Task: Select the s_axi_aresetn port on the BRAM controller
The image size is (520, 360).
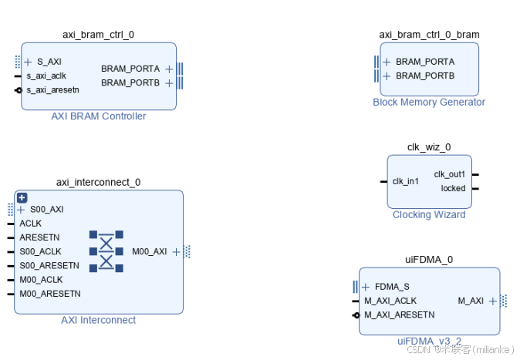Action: [52, 90]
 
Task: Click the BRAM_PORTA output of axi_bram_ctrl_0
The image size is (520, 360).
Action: [130, 69]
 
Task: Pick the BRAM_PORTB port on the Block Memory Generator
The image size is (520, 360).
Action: [425, 76]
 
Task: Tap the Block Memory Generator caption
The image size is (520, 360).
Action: [429, 102]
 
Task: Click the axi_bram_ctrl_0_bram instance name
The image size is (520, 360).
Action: [429, 35]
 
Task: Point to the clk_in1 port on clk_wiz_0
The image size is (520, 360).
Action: [406, 181]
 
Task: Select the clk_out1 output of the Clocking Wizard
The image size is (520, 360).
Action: [449, 174]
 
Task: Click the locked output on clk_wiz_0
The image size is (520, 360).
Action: [453, 188]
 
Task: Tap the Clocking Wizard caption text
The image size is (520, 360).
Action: [429, 214]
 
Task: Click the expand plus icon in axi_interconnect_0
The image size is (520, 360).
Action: [22, 197]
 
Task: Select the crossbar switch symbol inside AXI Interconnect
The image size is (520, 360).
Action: [106, 251]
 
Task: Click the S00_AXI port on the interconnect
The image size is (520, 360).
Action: [47, 209]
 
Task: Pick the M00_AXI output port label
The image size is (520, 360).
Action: [150, 251]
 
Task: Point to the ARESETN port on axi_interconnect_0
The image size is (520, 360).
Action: [39, 237]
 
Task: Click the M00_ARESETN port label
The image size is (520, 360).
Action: [50, 294]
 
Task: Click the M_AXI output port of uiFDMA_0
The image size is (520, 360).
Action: [471, 301]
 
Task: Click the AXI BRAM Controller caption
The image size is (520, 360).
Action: [98, 116]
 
